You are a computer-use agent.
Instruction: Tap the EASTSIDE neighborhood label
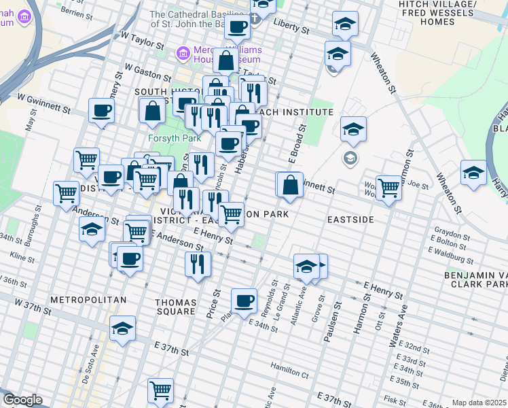(350, 220)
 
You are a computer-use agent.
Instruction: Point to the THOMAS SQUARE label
(175, 307)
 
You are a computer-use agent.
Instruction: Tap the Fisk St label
(394, 400)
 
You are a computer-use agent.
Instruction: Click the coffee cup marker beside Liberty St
(238, 28)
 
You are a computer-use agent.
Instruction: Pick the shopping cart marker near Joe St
(388, 187)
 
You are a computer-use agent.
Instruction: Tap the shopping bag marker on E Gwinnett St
(290, 185)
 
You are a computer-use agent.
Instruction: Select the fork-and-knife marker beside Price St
(198, 265)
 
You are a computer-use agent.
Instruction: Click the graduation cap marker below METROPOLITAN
(122, 330)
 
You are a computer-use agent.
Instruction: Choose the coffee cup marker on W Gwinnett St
(102, 111)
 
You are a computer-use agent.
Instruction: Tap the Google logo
(22, 400)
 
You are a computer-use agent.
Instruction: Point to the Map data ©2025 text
(479, 403)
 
